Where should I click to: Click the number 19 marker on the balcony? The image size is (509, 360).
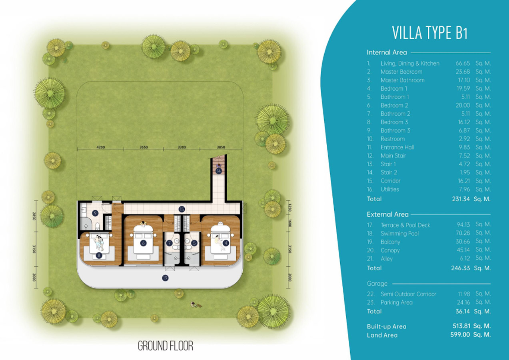click(165, 278)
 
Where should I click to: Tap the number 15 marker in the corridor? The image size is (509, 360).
click(182, 209)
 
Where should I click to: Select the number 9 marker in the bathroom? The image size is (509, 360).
click(95, 213)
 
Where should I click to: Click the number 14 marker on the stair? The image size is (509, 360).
click(219, 171)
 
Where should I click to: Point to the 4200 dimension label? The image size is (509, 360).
click(101, 147)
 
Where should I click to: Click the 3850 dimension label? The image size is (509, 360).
click(221, 147)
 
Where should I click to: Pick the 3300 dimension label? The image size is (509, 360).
click(182, 147)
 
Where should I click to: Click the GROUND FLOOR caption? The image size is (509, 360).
click(166, 346)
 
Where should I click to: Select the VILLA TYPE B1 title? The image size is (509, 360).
click(430, 33)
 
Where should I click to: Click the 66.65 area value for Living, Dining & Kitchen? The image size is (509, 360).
click(463, 63)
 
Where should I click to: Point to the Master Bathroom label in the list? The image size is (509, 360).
click(402, 80)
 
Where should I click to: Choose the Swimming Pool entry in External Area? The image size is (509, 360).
click(400, 234)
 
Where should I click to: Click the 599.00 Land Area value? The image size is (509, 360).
click(460, 334)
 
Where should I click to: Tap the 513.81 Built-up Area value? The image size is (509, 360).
click(461, 326)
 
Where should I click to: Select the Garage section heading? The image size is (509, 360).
click(377, 284)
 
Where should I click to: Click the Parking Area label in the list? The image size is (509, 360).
click(397, 302)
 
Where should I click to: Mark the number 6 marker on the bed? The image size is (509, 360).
click(143, 243)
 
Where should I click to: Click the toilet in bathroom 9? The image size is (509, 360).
click(98, 226)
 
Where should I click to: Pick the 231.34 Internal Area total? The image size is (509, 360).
click(461, 199)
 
